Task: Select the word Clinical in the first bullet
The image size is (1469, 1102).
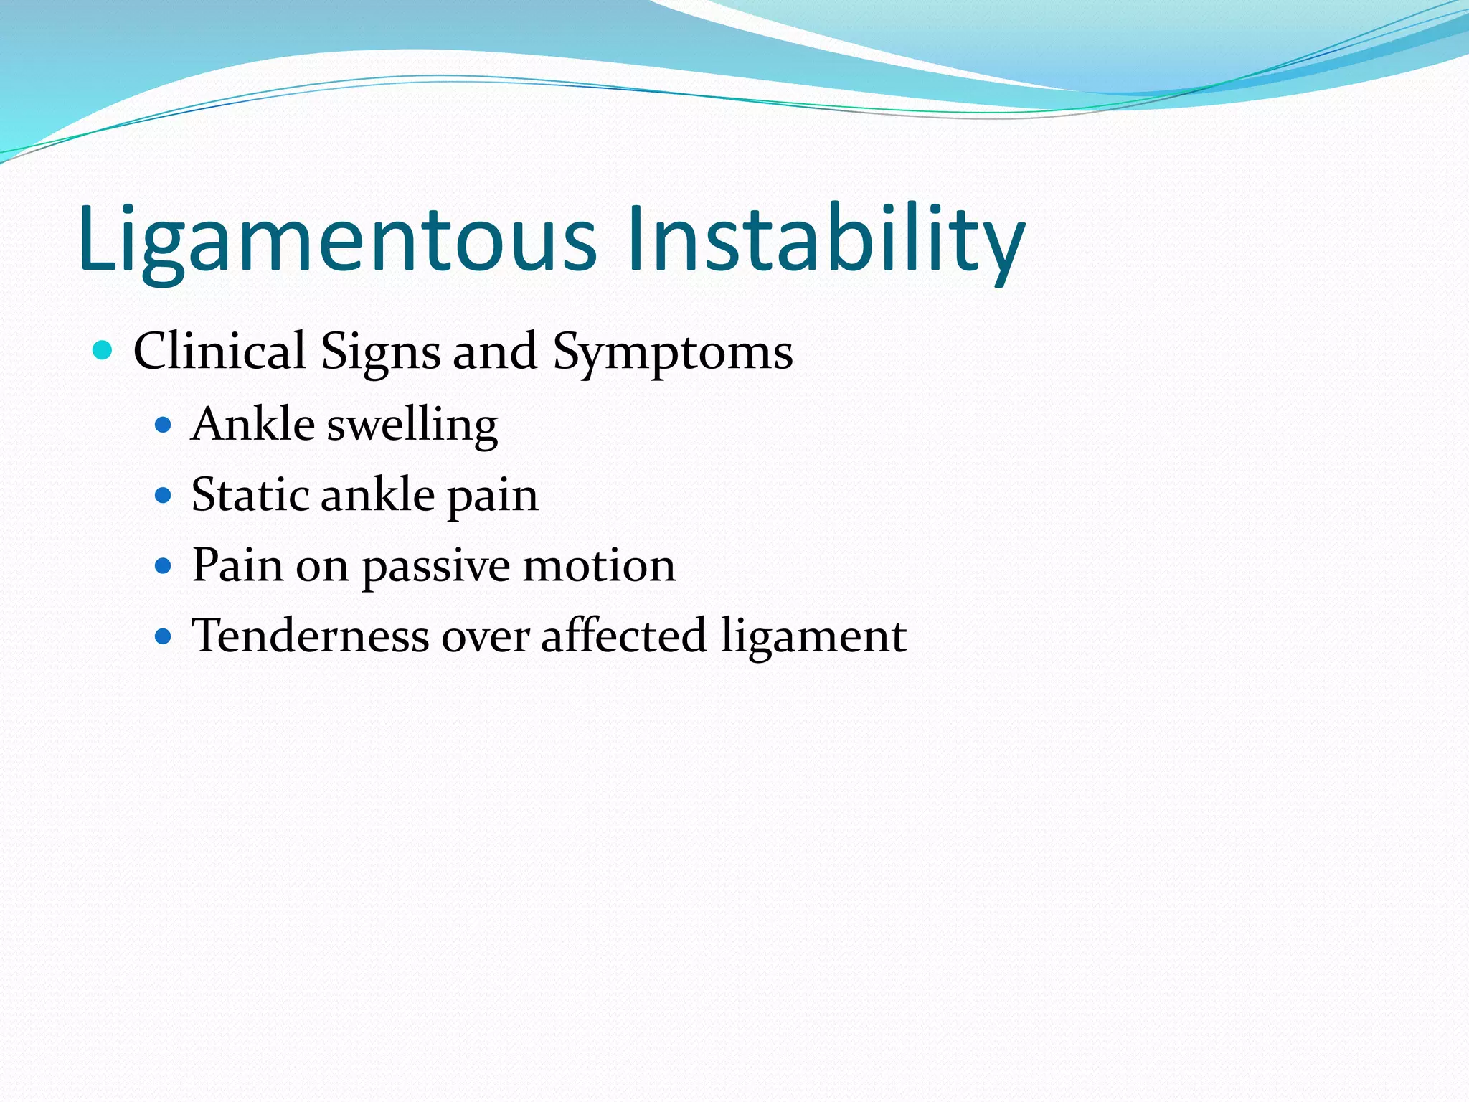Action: click(219, 352)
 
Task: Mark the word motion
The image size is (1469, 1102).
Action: click(599, 565)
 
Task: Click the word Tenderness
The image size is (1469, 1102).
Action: click(310, 636)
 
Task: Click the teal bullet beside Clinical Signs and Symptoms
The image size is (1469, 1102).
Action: click(103, 351)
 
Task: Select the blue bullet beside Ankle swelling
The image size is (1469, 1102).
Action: click(164, 425)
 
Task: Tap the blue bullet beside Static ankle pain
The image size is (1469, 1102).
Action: click(164, 496)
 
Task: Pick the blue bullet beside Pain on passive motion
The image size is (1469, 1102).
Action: click(164, 566)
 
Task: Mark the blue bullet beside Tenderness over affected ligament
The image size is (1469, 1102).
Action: click(164, 636)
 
